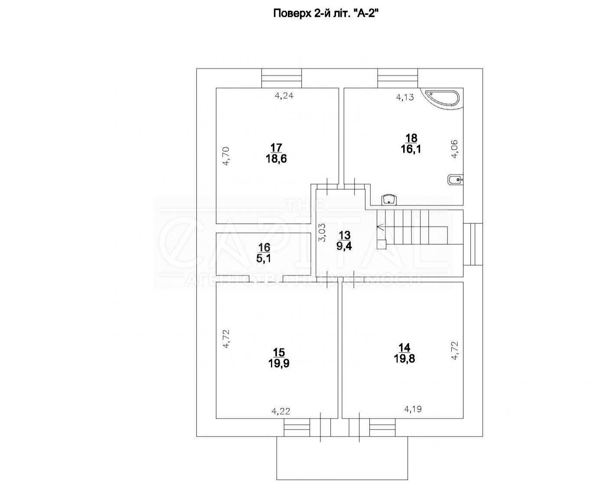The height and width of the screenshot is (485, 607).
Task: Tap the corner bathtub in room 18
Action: (x=441, y=98)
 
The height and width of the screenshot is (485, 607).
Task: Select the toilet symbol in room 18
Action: (x=455, y=179)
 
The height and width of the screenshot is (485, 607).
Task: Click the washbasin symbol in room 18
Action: (x=389, y=200)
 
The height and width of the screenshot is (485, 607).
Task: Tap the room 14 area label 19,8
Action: (x=404, y=359)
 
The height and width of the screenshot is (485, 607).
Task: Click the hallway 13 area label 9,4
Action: (x=344, y=246)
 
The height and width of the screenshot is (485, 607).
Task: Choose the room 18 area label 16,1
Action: (x=411, y=149)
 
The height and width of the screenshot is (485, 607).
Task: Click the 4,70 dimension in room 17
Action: (x=226, y=156)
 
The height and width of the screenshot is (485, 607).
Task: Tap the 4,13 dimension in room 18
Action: (x=405, y=97)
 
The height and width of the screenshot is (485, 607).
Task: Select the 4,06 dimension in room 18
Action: (x=454, y=149)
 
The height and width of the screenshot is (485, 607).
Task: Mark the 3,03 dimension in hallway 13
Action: (x=322, y=233)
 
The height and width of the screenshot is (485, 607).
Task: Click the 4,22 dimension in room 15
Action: (x=281, y=412)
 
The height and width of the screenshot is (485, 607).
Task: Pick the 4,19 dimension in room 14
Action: (x=413, y=409)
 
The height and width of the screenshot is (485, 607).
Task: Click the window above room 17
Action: (x=281, y=78)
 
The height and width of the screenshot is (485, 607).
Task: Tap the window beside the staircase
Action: (x=473, y=244)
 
